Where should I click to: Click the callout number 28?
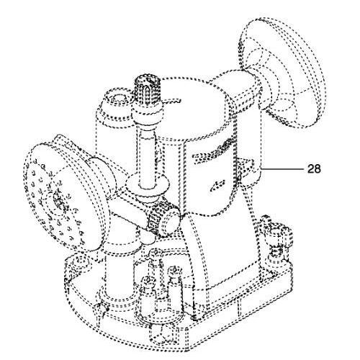[x=314, y=168]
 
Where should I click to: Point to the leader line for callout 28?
[x=282, y=169]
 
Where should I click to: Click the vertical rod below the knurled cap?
[x=147, y=156]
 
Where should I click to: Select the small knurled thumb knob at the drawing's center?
[x=164, y=218]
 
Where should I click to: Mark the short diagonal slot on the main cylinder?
[x=217, y=185]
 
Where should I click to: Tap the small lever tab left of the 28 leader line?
[x=246, y=166]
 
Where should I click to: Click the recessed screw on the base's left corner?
[x=81, y=262]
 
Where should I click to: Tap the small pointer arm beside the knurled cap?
[x=171, y=101]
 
